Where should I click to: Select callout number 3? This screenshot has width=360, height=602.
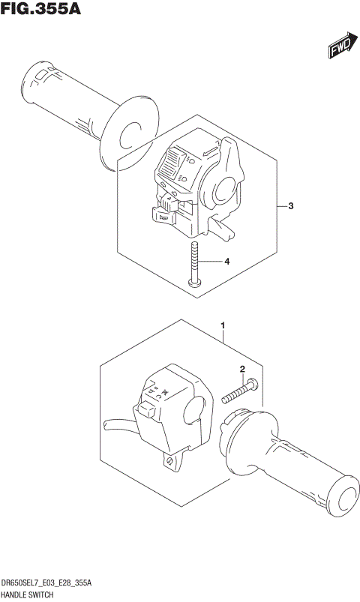(x=290, y=206)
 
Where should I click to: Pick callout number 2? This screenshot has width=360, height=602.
(x=242, y=369)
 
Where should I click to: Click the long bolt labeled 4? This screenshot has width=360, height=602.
(x=194, y=266)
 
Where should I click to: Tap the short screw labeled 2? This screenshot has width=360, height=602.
(x=240, y=391)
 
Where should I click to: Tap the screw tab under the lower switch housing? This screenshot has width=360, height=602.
(x=170, y=459)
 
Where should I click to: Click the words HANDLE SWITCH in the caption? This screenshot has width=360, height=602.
(x=31, y=594)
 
